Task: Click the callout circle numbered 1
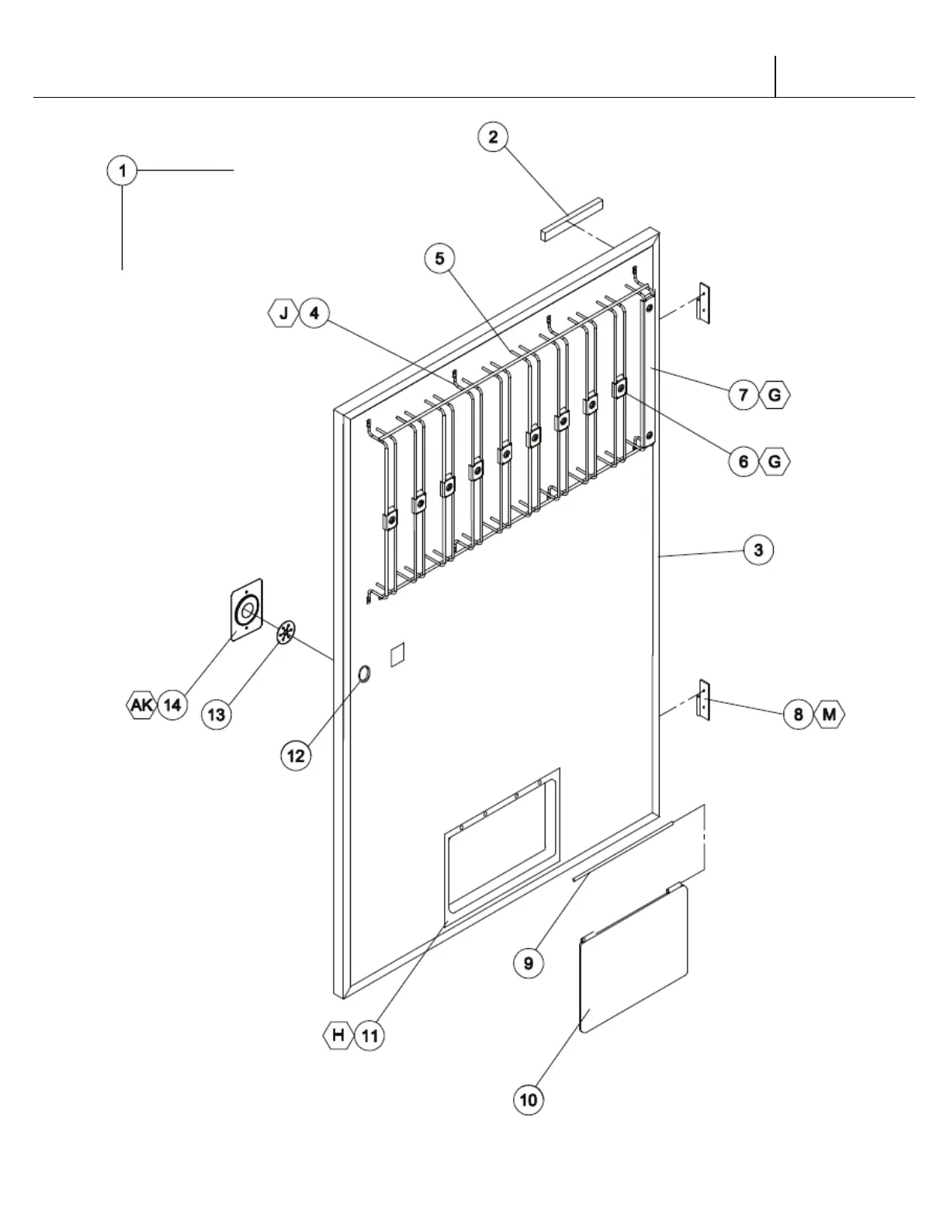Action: [122, 170]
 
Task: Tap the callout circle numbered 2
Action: [492, 137]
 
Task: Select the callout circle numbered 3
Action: [758, 550]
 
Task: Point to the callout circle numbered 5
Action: [440, 258]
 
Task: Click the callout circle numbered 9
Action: [529, 963]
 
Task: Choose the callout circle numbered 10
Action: [529, 1099]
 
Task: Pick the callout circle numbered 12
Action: [296, 754]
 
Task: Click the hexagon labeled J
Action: [283, 313]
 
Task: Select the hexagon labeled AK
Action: [141, 705]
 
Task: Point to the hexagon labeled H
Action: [338, 1035]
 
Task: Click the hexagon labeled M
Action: [829, 714]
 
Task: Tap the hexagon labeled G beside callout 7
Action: [774, 396]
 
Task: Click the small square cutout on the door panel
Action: [397, 653]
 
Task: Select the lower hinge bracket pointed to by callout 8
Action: [704, 701]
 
